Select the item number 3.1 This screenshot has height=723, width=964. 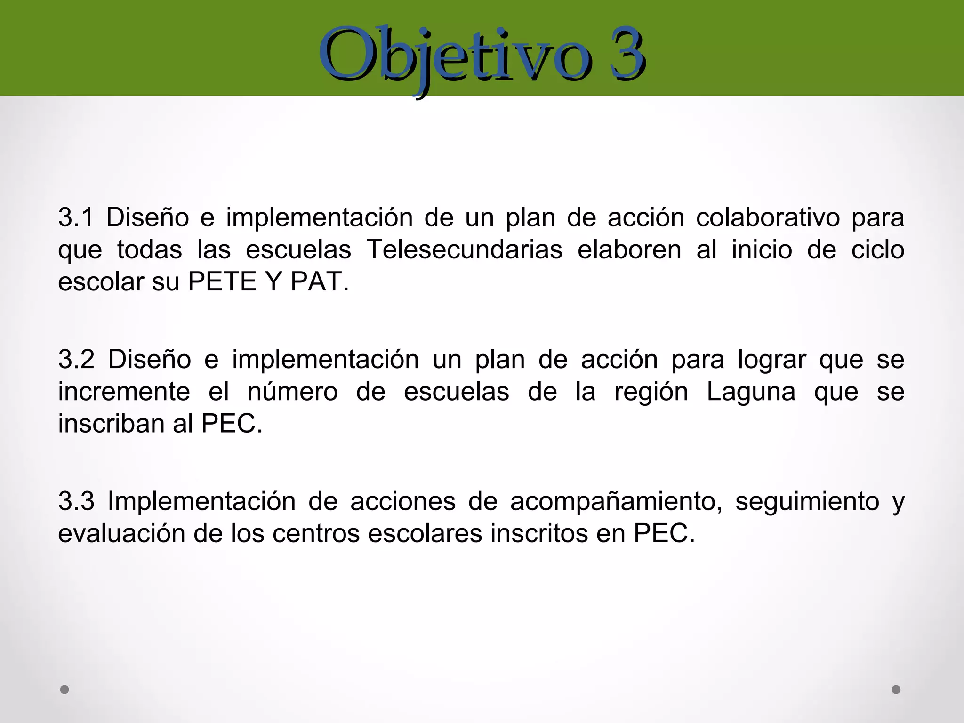coord(76,218)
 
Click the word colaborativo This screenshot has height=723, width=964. coord(768,218)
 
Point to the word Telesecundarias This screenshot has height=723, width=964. coord(464,250)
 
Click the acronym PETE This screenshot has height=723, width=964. coord(222,282)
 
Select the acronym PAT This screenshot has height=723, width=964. coord(316,282)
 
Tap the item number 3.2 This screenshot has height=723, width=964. coord(77,360)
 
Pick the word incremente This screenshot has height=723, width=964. coord(124,392)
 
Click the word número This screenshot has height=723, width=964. coord(292,392)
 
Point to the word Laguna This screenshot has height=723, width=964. coord(751,392)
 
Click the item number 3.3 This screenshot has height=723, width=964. coord(77,501)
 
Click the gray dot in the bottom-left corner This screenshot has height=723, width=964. coord(64,690)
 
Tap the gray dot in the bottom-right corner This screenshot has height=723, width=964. coord(896,690)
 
